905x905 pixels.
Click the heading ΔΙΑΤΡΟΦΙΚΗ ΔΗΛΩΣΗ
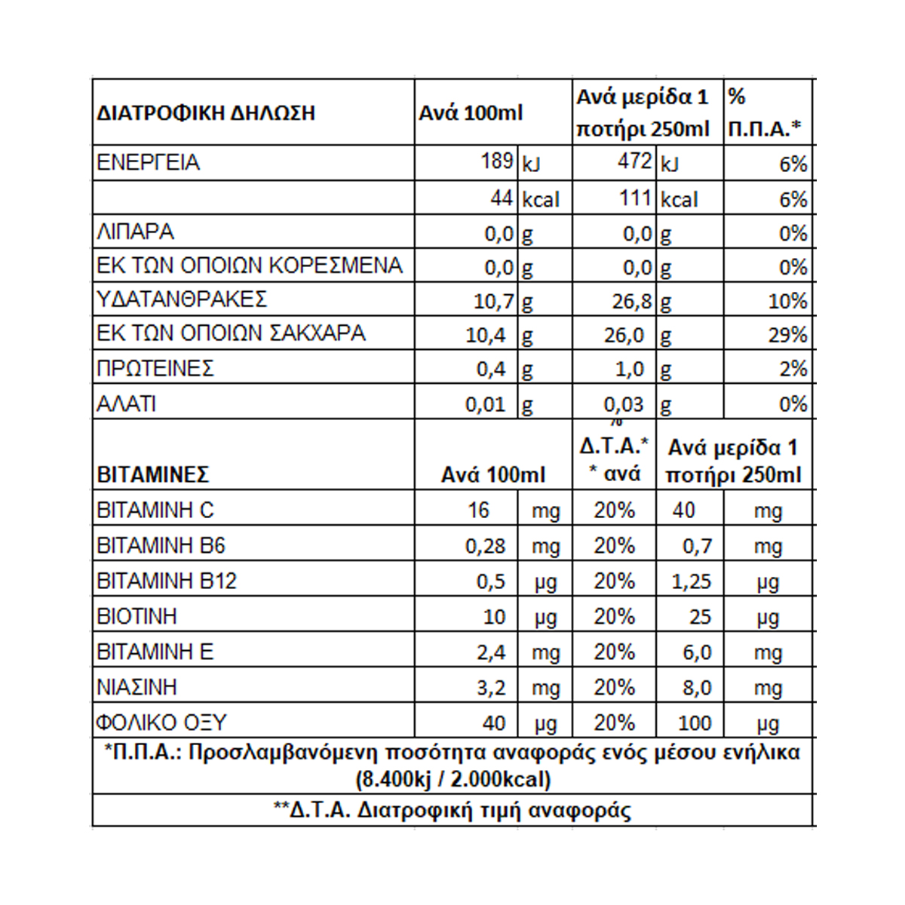tap(206, 114)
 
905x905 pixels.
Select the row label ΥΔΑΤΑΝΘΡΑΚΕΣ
tap(182, 299)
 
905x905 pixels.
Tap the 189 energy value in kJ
tap(497, 161)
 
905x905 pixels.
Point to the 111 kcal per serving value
tap(635, 198)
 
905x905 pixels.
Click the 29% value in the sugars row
tap(787, 335)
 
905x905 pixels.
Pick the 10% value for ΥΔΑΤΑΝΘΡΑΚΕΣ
tap(787, 301)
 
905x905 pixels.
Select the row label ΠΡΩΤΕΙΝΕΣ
tap(155, 368)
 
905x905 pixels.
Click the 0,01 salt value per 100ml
tap(485, 404)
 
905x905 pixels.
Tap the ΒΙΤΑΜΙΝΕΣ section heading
tap(153, 475)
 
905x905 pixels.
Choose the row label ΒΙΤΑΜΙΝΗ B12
tap(167, 581)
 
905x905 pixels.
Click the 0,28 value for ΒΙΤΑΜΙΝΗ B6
tap(485, 546)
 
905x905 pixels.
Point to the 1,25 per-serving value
tap(692, 581)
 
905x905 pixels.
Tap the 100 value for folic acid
tap(694, 723)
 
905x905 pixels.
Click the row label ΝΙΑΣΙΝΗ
tap(137, 688)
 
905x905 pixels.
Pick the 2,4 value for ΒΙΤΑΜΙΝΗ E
tap(491, 652)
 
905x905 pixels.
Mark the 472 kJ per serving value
tap(634, 161)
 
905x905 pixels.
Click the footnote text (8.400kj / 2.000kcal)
tap(452, 778)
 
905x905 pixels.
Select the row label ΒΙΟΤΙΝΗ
tap(137, 617)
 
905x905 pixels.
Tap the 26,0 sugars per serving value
tap(624, 335)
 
